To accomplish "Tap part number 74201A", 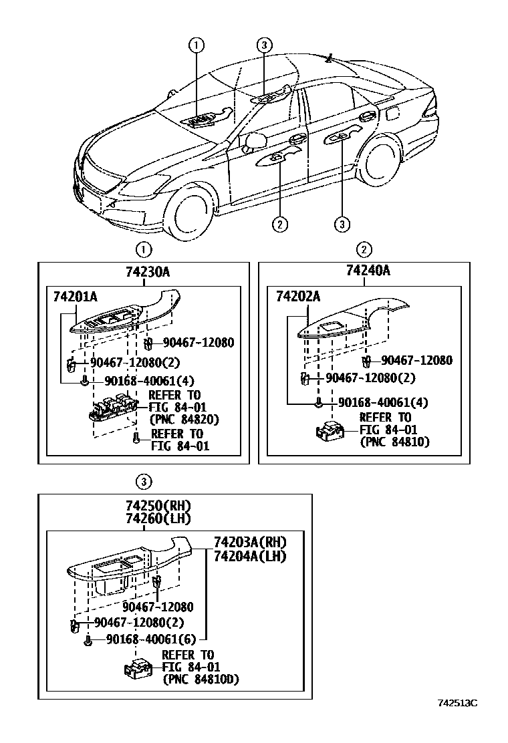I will coord(76,297).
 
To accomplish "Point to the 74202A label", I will coord(298,297).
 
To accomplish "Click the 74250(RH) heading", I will coord(153,505).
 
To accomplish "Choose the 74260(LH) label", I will coord(153,518).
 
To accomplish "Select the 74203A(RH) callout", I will coord(249,542).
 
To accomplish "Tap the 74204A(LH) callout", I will coord(249,556).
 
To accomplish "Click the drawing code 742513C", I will coord(458,702).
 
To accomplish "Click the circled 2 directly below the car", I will coord(279,224).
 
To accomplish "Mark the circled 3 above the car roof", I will coord(264,45).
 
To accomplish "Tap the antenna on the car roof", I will coord(329,59).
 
